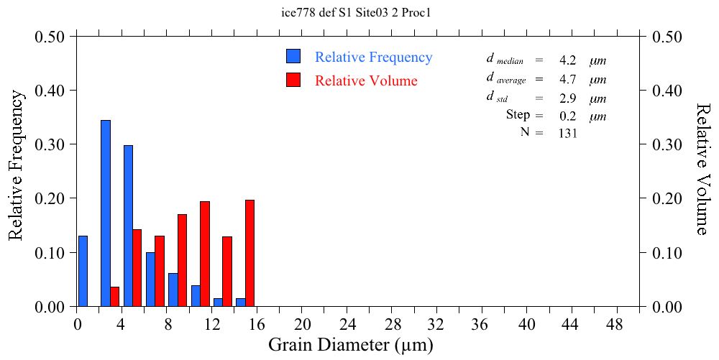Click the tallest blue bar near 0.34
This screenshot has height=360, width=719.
[106, 213]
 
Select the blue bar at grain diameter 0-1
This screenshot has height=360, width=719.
[83, 271]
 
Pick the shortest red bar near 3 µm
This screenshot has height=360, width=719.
[114, 297]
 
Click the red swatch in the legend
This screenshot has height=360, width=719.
[293, 80]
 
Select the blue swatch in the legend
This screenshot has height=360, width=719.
[293, 56]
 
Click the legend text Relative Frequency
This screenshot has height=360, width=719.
[374, 57]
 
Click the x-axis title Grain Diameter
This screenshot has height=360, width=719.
[351, 345]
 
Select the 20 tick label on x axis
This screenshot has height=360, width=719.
[303, 325]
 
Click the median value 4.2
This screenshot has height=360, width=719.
[567, 60]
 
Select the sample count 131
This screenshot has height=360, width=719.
[568, 133]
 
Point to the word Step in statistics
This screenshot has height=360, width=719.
[518, 115]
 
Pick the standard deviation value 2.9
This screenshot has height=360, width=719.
[567, 98]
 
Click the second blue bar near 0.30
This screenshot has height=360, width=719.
[128, 226]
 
